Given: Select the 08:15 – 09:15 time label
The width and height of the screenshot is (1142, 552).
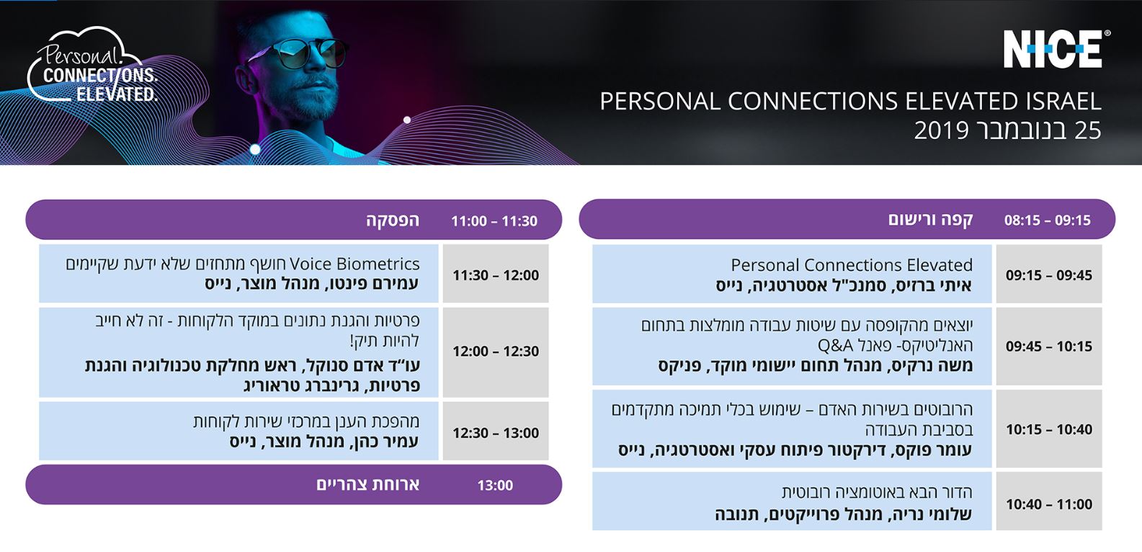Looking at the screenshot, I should [1047, 221].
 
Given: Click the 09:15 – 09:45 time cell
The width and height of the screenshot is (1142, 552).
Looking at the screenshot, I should [1048, 275].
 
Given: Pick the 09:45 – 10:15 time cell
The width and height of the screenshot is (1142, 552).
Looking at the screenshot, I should [1048, 347].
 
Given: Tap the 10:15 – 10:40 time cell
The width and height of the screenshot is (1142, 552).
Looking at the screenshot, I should [1048, 429].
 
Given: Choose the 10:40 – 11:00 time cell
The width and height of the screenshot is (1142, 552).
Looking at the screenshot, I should [1048, 504].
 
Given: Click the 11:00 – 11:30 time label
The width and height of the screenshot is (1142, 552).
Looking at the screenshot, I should [494, 221].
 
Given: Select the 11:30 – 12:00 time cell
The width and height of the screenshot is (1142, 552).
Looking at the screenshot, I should [496, 275].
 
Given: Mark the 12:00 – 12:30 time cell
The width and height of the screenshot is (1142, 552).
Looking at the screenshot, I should [496, 352].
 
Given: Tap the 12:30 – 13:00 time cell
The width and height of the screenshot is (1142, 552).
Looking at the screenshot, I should [496, 433].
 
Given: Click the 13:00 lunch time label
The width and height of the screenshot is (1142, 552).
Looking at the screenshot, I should [495, 486].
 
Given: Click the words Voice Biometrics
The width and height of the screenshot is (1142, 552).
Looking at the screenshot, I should [354, 264].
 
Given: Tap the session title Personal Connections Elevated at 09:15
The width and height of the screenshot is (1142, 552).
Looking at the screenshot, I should [851, 265].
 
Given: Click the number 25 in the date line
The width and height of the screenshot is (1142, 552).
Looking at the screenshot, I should [1087, 130].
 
